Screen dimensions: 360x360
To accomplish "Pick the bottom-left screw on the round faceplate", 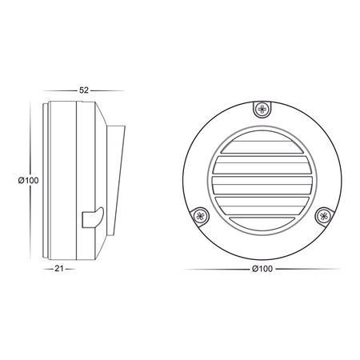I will coord(200,214).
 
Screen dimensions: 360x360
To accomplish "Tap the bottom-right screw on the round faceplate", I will coord(322,214).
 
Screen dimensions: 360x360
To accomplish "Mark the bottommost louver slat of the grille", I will coord(260,220).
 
